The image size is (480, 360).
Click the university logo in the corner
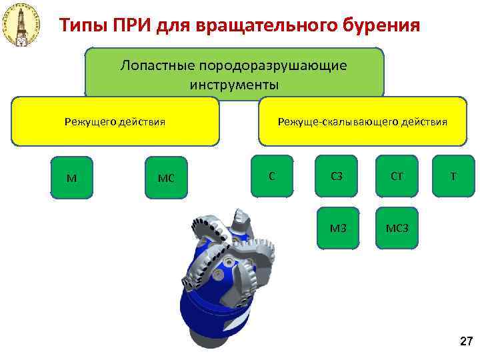point(21,25)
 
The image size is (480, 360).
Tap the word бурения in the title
point(383,25)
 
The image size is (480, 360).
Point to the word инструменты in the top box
point(234,85)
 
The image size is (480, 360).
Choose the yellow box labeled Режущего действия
point(115,121)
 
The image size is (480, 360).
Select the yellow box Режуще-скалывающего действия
point(362,121)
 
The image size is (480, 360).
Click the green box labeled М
point(71,177)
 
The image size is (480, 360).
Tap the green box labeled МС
point(165,177)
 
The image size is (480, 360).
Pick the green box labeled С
point(271,175)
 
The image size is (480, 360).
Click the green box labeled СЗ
point(337,176)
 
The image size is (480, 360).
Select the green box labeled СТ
point(396,176)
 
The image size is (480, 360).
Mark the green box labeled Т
point(453,176)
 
